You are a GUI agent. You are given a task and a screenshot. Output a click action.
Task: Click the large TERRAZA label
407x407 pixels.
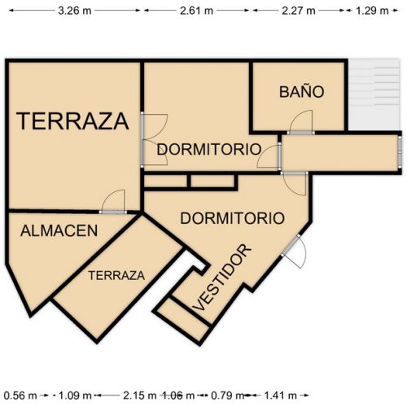click(73, 121)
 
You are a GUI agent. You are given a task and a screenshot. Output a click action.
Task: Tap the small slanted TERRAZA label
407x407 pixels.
click(116, 275)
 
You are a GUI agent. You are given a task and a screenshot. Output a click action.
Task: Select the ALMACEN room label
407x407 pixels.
click(59, 230)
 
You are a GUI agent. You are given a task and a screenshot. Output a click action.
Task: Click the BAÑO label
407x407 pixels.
click(301, 92)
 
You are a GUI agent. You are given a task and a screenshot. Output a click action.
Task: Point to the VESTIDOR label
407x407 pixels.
click(222, 277)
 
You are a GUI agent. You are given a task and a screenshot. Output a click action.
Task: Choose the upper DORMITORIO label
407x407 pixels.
click(208, 150)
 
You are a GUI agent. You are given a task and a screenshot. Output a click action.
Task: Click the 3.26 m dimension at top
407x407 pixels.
click(74, 11)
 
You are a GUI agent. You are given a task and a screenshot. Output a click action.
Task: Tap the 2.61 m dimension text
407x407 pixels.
click(196, 11)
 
